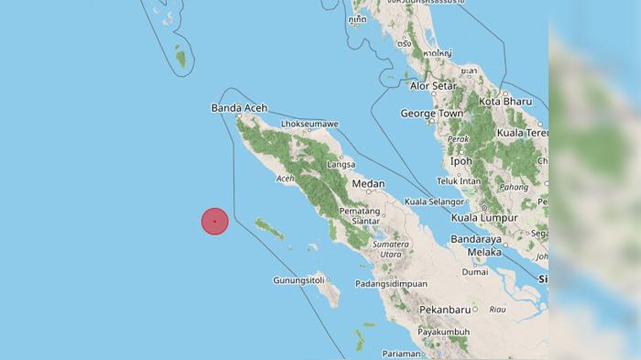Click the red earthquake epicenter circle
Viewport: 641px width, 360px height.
tap(214, 221)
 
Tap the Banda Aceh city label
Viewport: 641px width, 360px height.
tap(239, 108)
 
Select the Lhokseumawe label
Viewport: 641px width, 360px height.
tap(310, 124)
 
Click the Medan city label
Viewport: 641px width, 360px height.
tap(368, 184)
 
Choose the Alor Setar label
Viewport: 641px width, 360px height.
tap(433, 86)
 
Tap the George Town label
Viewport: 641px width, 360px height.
tap(430, 114)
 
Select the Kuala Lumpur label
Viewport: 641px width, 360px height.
tap(484, 218)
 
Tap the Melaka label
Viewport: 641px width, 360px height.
tap(484, 252)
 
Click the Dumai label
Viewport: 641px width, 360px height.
tap(474, 272)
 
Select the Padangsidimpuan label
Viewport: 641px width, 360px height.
tap(392, 284)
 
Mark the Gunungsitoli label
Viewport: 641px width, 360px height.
tap(300, 280)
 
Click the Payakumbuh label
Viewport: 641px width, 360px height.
tap(443, 332)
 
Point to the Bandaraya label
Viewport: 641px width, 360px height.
tap(477, 239)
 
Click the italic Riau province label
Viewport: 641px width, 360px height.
tap(498, 310)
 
